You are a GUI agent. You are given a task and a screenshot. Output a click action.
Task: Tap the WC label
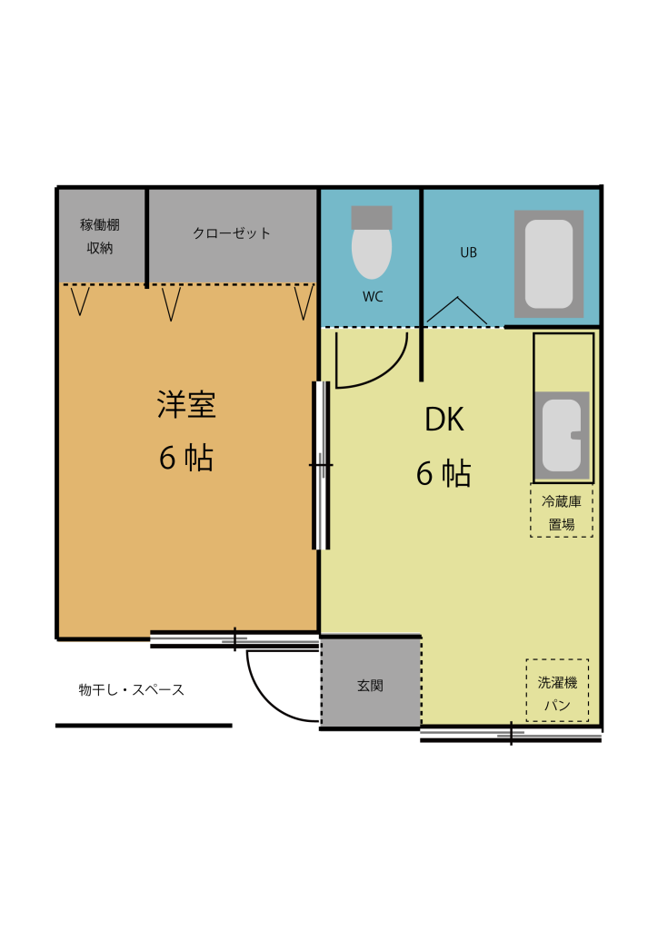[x=373, y=297]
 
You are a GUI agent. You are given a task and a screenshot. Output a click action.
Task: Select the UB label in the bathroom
[x=469, y=252]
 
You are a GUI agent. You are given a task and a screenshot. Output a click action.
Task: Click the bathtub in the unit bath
[x=549, y=264]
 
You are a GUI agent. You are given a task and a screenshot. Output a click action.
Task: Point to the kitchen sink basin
[x=562, y=435]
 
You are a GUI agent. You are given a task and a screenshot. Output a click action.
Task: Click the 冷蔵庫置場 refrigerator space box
[x=562, y=510]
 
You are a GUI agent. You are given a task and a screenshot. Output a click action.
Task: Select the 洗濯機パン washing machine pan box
[x=557, y=690]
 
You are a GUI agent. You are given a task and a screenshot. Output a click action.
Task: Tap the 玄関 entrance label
[x=370, y=686]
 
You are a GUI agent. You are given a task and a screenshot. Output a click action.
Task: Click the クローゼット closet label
[x=232, y=233]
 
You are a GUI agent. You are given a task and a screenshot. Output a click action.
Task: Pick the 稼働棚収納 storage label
[x=100, y=236]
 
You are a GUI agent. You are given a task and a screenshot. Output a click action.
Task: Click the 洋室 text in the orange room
[x=186, y=404]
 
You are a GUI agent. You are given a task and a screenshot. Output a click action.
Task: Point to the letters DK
[x=444, y=420]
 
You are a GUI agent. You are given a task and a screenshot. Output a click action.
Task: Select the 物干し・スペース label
[x=132, y=690]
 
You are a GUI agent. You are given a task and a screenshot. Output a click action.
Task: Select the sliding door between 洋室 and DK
[x=321, y=466]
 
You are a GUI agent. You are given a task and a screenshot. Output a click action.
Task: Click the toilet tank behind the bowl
[x=372, y=217]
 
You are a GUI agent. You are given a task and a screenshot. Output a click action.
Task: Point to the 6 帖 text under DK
[x=444, y=473]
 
